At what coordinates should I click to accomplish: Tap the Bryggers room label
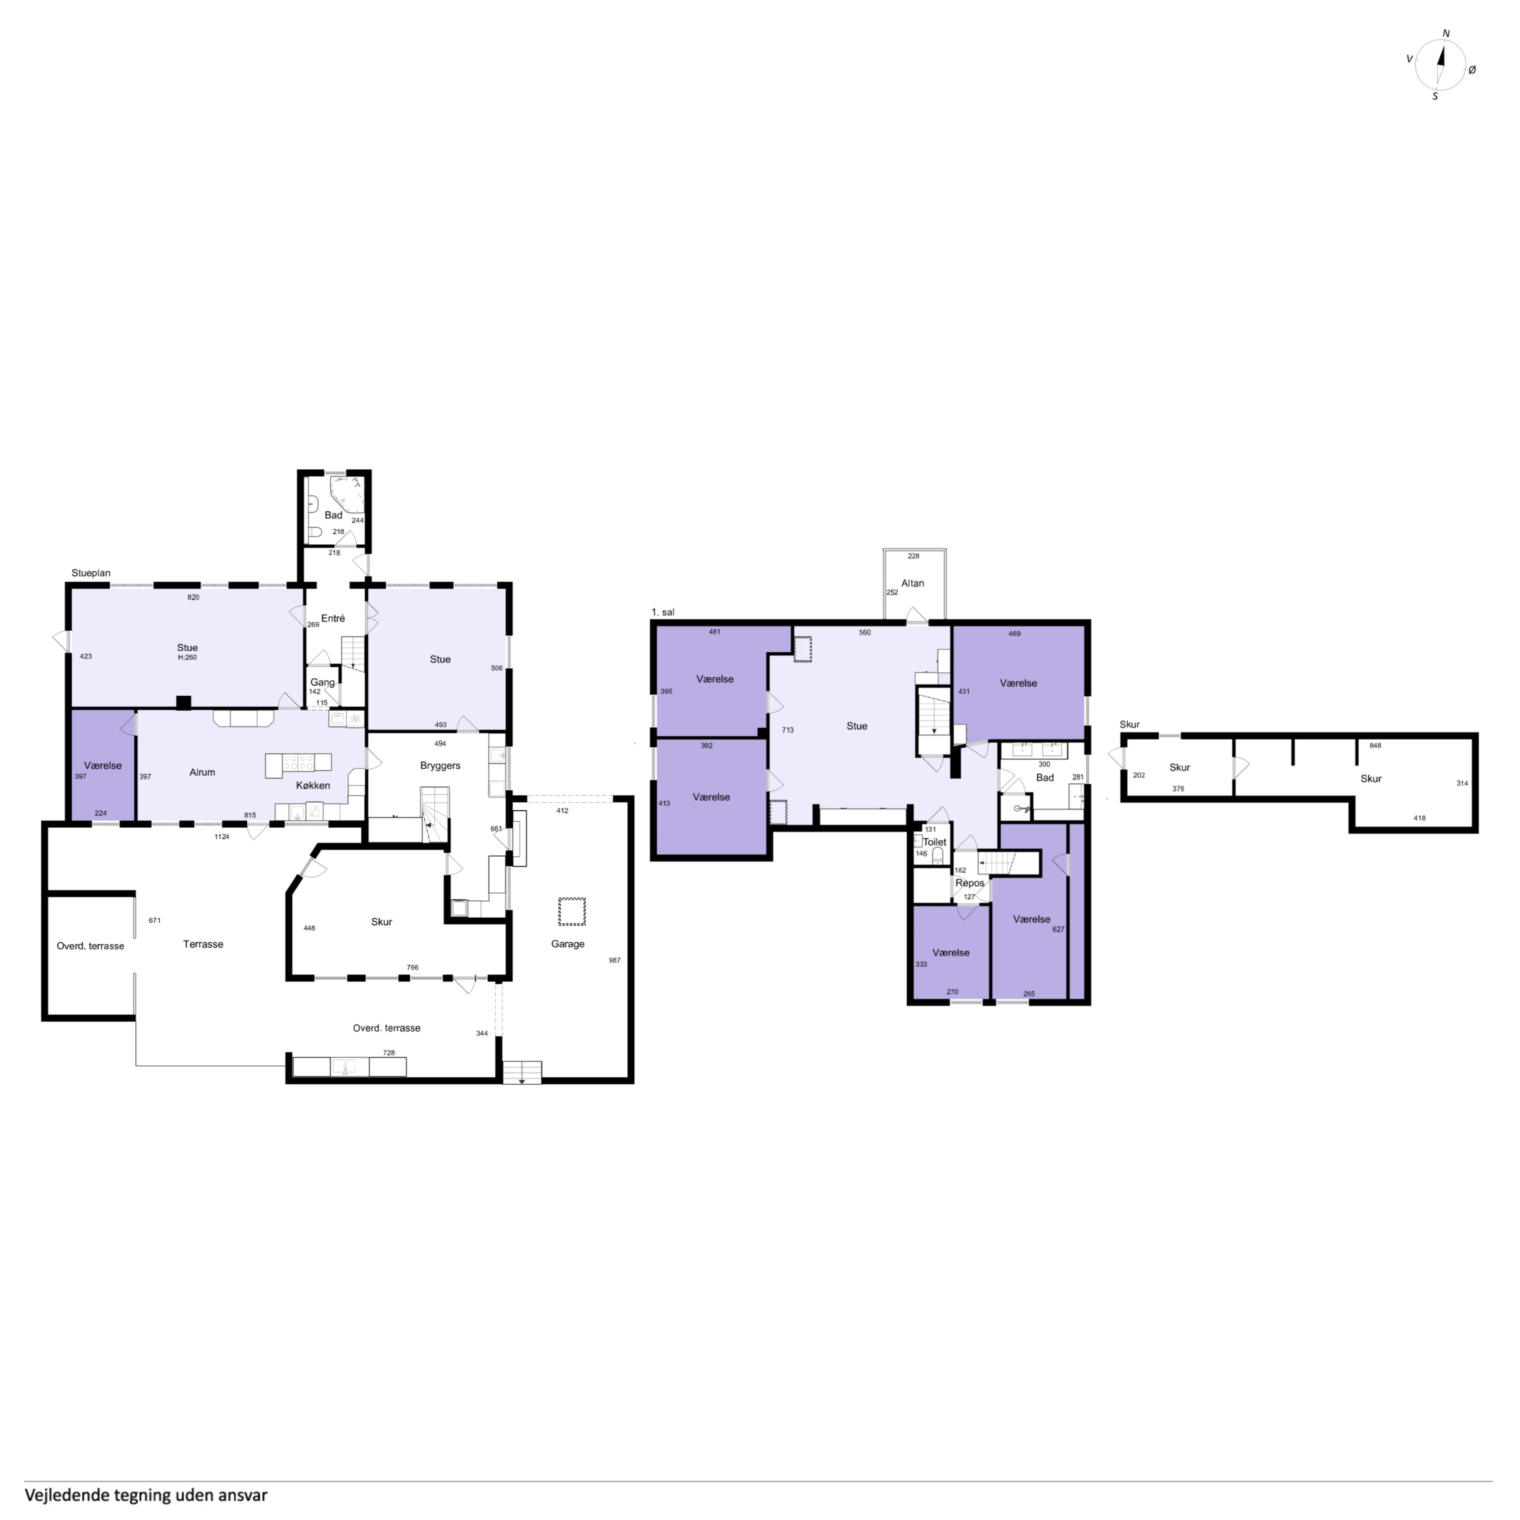click(x=440, y=765)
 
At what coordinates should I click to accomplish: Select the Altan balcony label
click(x=913, y=583)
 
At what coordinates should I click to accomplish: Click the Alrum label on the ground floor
click(x=202, y=773)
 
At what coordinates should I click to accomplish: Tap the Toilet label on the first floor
click(x=935, y=842)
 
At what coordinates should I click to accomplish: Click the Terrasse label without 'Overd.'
click(x=203, y=944)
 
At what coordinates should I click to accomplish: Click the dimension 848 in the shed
click(x=1375, y=745)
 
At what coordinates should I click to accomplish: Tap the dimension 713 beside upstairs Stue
click(x=787, y=730)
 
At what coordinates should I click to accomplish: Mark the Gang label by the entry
click(x=323, y=682)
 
